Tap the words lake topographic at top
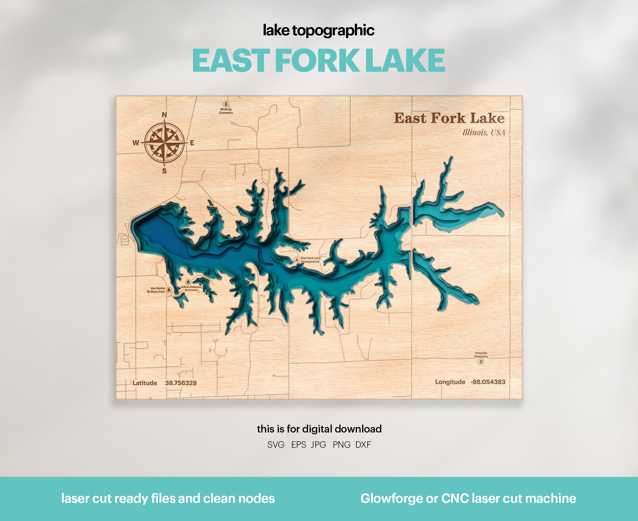318,30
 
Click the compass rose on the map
164,142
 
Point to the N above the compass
164,115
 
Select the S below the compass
164,171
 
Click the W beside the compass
135,143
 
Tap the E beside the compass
192,143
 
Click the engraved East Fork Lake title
449,118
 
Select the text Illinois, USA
484,133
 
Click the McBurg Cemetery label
226,111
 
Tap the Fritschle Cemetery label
481,355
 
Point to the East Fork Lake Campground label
310,260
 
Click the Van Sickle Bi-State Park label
156,290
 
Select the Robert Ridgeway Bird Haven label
191,288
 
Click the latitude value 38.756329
181,383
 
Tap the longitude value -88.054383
488,382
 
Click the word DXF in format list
363,445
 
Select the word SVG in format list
276,445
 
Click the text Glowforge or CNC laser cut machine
468,498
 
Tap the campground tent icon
297,260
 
